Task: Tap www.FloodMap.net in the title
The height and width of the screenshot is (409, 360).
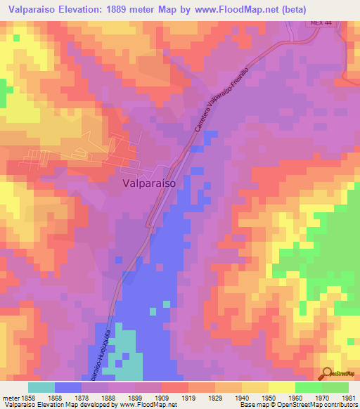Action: point(241,9)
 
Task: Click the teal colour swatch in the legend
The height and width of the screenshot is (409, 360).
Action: point(41,387)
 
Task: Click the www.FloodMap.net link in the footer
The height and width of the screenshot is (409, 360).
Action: point(148,405)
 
